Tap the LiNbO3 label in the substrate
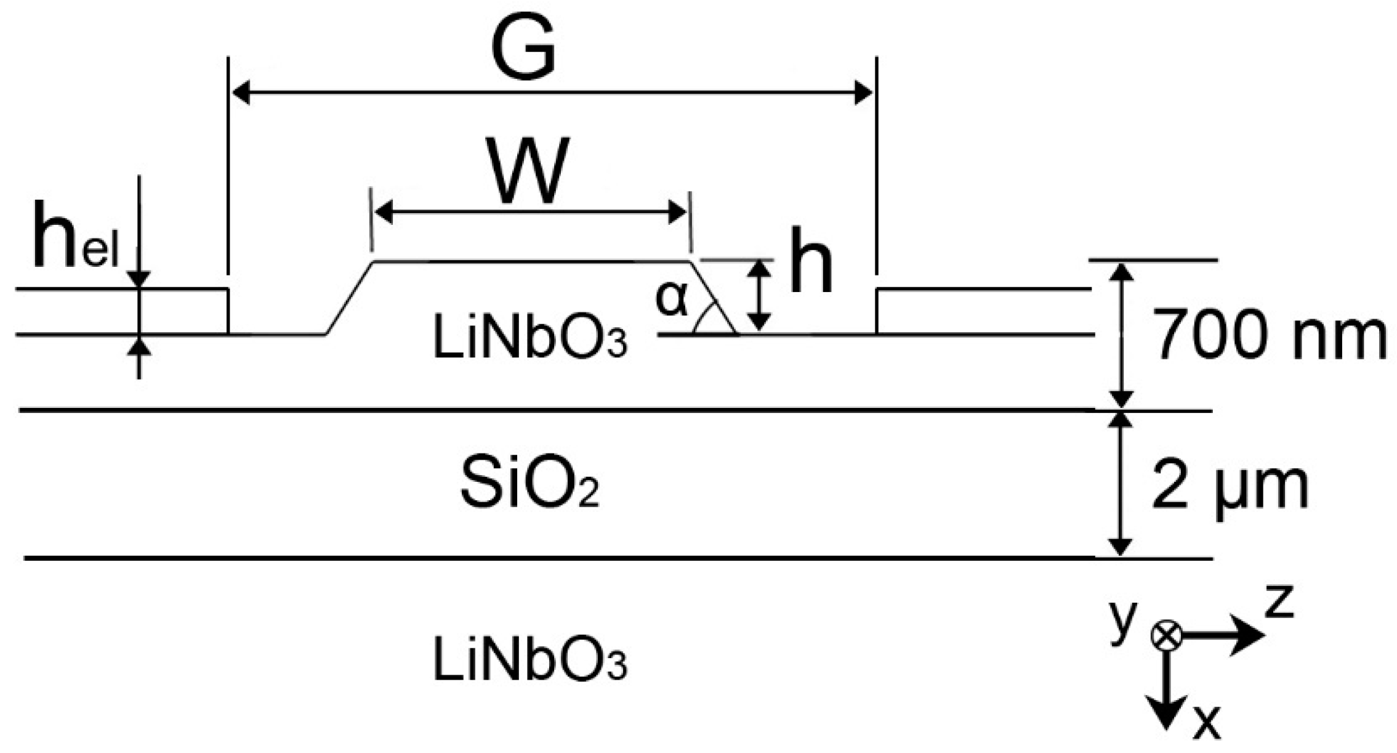pyautogui.click(x=530, y=660)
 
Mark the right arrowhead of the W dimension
pyautogui.click(x=677, y=213)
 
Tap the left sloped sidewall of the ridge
pyautogui.click(x=349, y=298)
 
